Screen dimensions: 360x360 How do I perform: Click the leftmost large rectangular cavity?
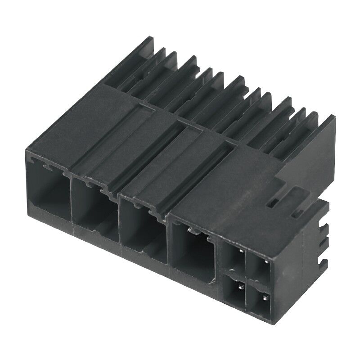click(x=48, y=193)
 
